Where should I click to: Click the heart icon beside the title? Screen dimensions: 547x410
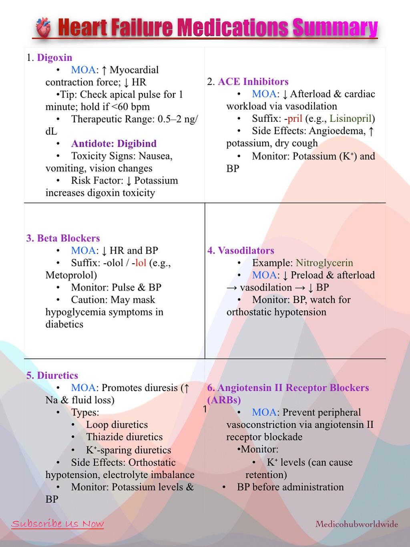tap(43, 28)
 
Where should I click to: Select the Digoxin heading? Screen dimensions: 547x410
tap(54, 58)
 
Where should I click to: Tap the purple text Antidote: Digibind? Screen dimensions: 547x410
tap(114, 143)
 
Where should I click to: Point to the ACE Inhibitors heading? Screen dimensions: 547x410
tap(253, 82)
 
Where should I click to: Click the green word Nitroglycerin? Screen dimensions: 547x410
tap(324, 263)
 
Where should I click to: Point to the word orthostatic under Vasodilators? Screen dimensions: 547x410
tap(251, 312)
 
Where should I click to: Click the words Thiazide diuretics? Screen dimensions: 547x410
tap(125, 437)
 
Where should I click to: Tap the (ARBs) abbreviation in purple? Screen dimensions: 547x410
tap(224, 400)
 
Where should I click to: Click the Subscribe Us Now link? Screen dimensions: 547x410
tap(58, 524)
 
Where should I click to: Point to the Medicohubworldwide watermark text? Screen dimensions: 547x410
tap(356, 524)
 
